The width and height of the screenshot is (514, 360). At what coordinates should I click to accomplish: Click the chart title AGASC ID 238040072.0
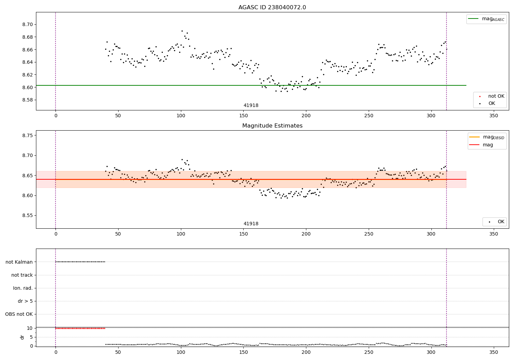[272, 8]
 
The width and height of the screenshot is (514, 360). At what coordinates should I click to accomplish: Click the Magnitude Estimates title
[272, 126]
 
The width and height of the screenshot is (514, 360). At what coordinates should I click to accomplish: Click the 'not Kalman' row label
[19, 262]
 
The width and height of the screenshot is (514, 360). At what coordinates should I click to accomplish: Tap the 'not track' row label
[22, 275]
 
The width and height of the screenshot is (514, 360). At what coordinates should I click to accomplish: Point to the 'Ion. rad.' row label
[23, 288]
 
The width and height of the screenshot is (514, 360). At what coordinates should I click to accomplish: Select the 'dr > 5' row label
[25, 301]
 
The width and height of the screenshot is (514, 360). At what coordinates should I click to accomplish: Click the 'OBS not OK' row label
[19, 314]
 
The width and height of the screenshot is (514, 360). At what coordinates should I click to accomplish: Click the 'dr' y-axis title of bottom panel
[22, 337]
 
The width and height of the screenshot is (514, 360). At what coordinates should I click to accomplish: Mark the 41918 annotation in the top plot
[251, 106]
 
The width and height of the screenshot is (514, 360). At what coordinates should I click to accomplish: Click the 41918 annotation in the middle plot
[251, 224]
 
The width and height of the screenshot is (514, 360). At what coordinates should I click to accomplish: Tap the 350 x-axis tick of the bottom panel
[493, 352]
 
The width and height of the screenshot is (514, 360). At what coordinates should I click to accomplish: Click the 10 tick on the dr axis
[30, 328]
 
